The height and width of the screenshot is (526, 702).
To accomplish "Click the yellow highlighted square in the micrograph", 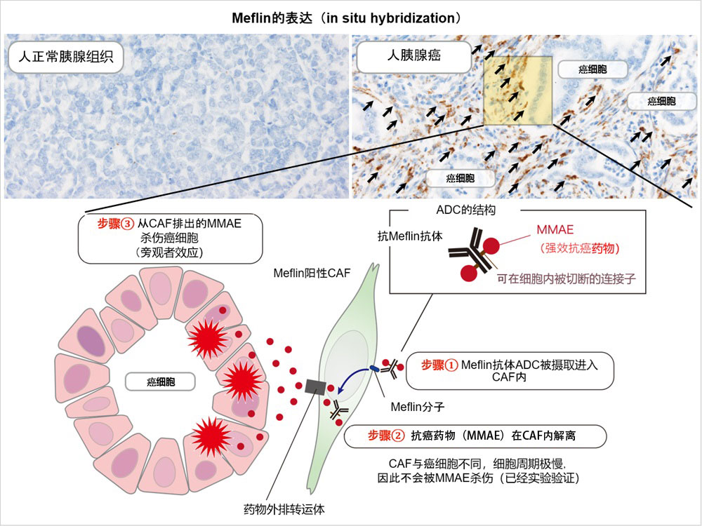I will click(x=518, y=88).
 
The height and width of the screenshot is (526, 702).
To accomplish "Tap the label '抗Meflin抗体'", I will click(x=409, y=237).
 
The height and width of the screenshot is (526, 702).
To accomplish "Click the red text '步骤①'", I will click(x=439, y=365).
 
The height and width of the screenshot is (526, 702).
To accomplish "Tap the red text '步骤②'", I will click(x=386, y=435).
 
